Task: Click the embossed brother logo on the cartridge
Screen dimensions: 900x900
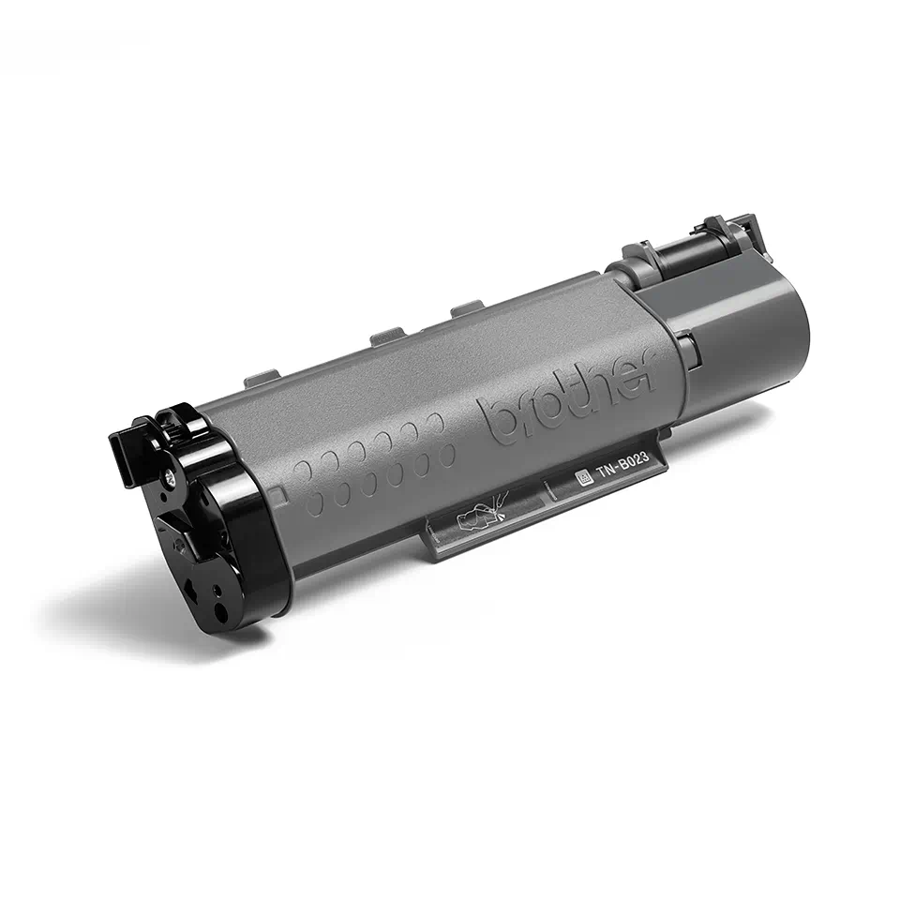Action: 567,394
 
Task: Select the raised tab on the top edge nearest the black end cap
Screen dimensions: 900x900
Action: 258,378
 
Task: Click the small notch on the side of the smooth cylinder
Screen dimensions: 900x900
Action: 687,350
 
